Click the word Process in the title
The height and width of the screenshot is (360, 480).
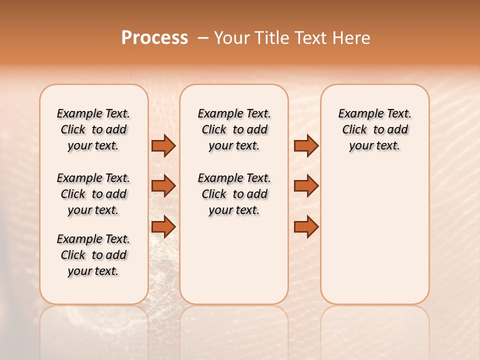(x=154, y=38)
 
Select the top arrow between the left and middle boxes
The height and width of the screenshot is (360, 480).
(x=163, y=145)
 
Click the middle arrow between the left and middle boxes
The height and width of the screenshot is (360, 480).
(x=163, y=186)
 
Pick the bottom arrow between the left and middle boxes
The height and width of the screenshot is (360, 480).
(x=163, y=226)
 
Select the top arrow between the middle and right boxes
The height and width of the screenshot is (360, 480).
(x=306, y=145)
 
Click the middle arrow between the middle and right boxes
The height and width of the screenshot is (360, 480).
(x=306, y=186)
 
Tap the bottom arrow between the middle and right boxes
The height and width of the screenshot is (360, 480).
(x=306, y=226)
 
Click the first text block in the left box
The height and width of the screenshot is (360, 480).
(x=93, y=129)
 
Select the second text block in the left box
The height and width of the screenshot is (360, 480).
(x=93, y=194)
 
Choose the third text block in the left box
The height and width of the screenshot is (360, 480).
(x=93, y=255)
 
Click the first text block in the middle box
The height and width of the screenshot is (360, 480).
(x=234, y=129)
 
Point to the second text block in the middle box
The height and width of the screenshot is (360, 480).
(x=234, y=194)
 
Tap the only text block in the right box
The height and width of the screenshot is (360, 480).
(x=374, y=129)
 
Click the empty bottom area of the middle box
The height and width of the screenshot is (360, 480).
(x=234, y=265)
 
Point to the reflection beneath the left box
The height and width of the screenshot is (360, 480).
(x=94, y=330)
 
